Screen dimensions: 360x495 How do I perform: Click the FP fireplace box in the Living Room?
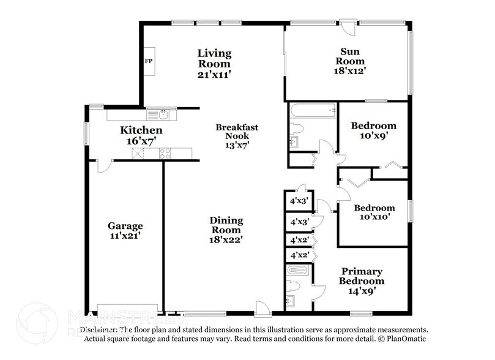click(149, 61)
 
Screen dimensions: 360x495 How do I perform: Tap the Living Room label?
click(214, 58)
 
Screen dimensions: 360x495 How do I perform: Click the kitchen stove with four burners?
click(165, 154)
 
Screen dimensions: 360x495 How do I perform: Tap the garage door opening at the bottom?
click(129, 309)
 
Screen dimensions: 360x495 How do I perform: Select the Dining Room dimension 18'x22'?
click(226, 239)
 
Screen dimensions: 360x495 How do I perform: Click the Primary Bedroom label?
click(362, 276)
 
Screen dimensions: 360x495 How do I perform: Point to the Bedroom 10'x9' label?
click(369, 126)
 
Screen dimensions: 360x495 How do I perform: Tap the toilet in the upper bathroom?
click(297, 129)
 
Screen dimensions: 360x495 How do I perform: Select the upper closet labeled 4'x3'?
click(299, 200)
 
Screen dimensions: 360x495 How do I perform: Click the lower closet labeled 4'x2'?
click(299, 255)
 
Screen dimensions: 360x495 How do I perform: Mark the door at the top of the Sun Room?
click(348, 28)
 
